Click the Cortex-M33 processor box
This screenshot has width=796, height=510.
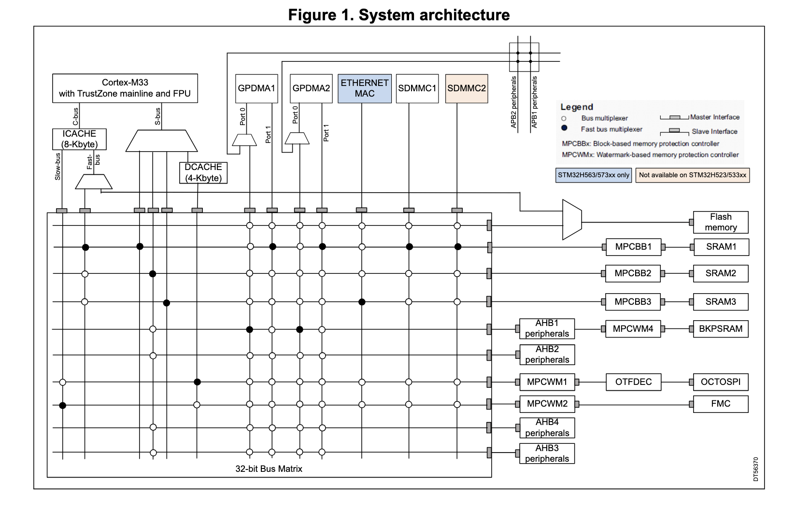(x=125, y=88)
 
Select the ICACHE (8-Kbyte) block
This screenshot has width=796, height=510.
(x=79, y=139)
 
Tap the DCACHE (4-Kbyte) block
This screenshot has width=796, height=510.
(x=203, y=172)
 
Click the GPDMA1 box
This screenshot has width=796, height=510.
(x=256, y=88)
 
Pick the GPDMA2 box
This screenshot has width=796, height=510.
(x=311, y=88)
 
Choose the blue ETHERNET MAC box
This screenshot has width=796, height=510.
(x=364, y=88)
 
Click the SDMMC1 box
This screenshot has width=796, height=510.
(x=417, y=88)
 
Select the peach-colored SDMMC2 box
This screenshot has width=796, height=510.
(x=466, y=88)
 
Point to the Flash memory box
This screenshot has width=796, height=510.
(x=720, y=222)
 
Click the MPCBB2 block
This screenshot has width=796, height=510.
(x=633, y=273)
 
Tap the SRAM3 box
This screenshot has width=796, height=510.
(x=720, y=302)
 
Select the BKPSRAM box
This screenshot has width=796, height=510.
(x=720, y=329)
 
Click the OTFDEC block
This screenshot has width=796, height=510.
(x=633, y=382)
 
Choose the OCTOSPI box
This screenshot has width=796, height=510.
(x=720, y=382)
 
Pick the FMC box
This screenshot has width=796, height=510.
(x=720, y=404)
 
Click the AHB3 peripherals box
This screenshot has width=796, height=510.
(x=547, y=453)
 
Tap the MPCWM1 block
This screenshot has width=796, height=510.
(x=547, y=382)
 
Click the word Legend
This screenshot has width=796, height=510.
(x=577, y=107)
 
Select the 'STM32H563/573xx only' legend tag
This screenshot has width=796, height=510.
(x=594, y=175)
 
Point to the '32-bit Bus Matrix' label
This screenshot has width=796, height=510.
(x=269, y=469)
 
